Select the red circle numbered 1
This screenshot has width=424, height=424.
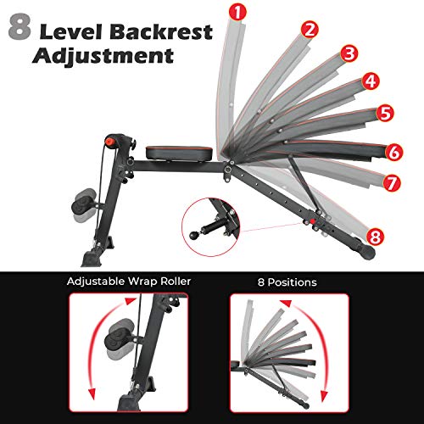coord(238,12)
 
